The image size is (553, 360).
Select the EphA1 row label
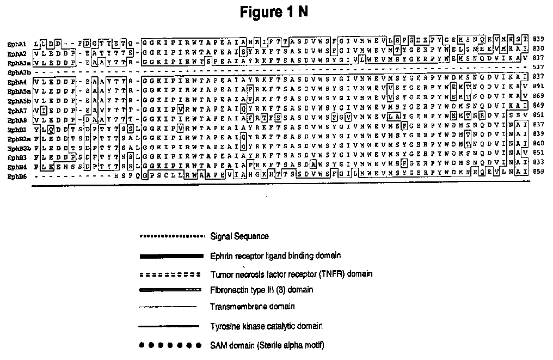15,42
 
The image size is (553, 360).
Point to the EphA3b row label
16,71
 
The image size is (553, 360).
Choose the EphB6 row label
15,178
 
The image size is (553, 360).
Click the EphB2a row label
16,139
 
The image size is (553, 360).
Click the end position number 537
538,71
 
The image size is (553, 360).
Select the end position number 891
538,91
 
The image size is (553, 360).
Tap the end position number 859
538,177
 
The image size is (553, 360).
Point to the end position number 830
538,51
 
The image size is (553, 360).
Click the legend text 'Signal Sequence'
239,236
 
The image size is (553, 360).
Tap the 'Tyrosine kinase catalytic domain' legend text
266,326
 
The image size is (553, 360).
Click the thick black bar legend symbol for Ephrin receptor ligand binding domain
168,255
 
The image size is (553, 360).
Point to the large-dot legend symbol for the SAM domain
168,345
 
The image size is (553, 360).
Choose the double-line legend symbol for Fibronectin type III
168,290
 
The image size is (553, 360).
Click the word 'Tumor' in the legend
220,273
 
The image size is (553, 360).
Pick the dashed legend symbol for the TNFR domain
168,273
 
